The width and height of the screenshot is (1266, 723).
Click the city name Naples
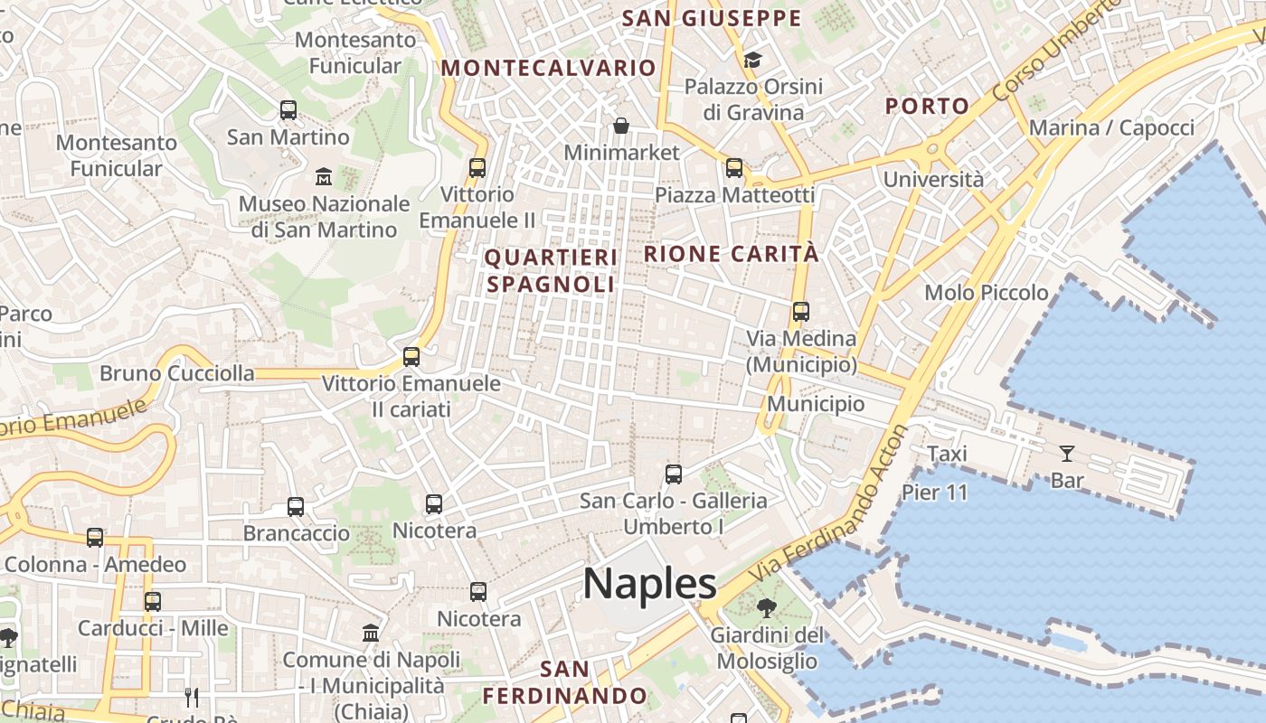649,584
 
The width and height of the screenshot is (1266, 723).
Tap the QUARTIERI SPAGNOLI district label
551,270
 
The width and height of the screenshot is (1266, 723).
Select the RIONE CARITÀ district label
731,254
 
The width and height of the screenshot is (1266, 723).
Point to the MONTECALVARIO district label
548,68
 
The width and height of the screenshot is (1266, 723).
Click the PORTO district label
927,106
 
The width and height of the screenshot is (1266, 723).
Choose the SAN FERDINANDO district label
564,682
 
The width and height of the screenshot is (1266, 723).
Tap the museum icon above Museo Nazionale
323,176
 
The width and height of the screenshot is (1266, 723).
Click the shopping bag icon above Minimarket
621,126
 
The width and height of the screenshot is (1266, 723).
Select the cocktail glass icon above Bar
1067,454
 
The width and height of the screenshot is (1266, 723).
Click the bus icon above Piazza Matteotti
734,168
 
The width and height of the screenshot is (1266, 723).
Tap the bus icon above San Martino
288,110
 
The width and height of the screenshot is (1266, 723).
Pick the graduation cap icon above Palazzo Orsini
752,61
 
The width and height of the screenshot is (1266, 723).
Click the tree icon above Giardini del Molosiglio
767,607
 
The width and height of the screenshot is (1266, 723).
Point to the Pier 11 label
934,493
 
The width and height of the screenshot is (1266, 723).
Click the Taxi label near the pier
947,454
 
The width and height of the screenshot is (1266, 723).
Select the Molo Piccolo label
986,293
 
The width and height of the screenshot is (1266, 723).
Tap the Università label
933,179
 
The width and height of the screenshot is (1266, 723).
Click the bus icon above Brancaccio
296,507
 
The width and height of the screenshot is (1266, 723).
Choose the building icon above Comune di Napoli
371,633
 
